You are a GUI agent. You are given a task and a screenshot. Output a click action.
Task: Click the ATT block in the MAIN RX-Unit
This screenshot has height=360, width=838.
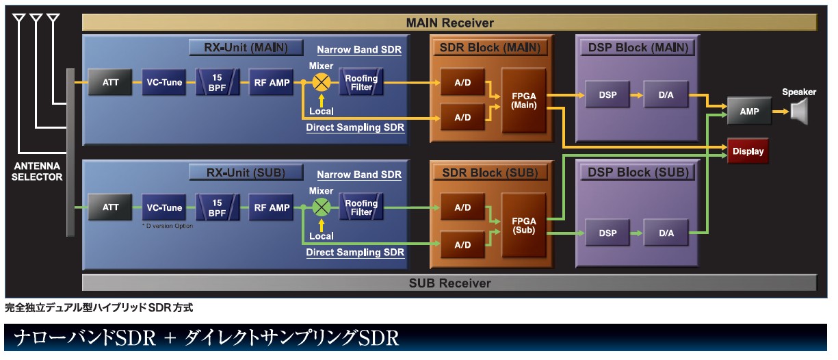[111, 83]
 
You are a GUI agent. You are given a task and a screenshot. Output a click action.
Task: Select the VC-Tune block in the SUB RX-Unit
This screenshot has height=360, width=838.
[165, 207]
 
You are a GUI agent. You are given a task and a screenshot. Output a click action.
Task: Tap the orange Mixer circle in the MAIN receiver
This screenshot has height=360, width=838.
[321, 83]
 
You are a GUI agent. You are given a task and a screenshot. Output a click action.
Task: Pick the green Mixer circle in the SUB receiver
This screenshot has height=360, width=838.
[321, 207]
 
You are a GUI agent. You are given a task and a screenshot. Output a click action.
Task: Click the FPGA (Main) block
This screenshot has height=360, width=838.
[523, 100]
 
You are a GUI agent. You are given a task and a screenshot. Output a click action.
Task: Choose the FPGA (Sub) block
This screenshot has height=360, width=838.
[523, 225]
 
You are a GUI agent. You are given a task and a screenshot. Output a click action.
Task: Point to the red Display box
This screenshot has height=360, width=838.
[748, 151]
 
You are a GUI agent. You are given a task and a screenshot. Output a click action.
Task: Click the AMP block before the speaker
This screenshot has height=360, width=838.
[749, 111]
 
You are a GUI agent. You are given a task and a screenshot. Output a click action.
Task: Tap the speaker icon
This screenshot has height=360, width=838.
[799, 110]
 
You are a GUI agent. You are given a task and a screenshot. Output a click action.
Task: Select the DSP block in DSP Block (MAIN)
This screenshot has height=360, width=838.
[607, 94]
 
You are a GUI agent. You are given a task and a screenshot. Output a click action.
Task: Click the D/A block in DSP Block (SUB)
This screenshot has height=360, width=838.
[666, 233]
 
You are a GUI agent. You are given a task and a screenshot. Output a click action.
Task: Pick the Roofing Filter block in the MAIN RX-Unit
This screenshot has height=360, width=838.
[361, 83]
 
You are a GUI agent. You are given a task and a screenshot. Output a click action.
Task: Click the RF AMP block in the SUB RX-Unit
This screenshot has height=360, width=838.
[272, 207]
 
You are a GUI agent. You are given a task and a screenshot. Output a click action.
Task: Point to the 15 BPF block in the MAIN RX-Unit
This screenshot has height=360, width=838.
[217, 83]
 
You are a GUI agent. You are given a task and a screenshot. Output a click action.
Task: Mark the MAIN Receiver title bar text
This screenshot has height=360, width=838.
[449, 23]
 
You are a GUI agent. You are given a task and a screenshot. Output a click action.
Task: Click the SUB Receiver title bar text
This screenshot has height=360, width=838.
[449, 283]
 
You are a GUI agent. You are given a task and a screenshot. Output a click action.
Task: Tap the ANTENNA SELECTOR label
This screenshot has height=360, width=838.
[37, 172]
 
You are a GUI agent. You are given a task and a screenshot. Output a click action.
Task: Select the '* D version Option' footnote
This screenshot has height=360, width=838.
[168, 226]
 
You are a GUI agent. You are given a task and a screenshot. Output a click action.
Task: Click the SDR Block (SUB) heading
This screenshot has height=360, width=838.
[490, 172]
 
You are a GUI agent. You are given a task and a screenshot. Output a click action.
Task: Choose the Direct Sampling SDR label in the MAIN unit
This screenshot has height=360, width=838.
[355, 127]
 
